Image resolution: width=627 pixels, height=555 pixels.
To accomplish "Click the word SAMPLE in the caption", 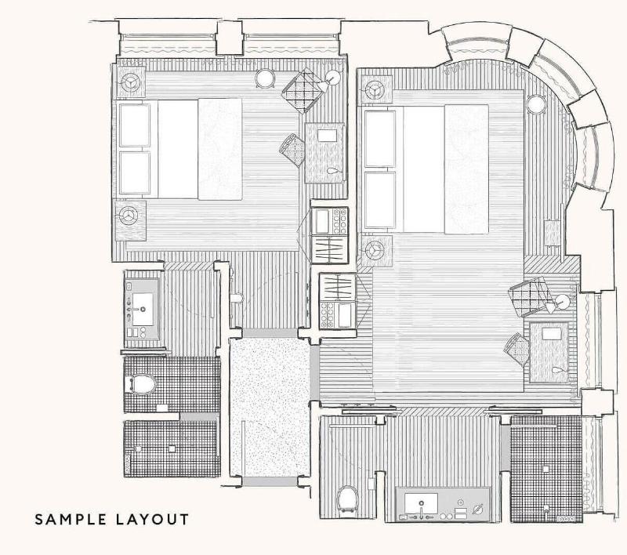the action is pyautogui.click(x=71, y=520).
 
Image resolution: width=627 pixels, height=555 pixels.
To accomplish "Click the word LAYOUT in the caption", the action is pyautogui.click(x=152, y=520).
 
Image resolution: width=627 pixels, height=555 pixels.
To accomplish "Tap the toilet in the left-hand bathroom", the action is pyautogui.click(x=141, y=384).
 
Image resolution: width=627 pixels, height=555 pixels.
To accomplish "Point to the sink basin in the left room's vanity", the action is pyautogui.click(x=143, y=310).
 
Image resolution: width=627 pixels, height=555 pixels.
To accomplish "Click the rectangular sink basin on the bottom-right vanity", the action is pyautogui.click(x=421, y=503).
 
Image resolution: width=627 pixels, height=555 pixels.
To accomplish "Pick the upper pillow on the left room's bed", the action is pyautogui.click(x=135, y=125).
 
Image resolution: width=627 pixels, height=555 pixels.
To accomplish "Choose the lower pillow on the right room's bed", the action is pyautogui.click(x=380, y=200).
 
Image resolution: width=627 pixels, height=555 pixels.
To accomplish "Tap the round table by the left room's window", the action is pyautogui.click(x=265, y=78).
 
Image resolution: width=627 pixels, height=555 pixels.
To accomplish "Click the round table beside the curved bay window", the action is pyautogui.click(x=536, y=104).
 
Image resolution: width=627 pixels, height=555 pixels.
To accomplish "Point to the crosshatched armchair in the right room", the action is pyautogui.click(x=531, y=296).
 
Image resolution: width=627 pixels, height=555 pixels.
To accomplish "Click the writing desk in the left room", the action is pyautogui.click(x=324, y=153).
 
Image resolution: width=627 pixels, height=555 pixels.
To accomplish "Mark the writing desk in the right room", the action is pyautogui.click(x=549, y=352).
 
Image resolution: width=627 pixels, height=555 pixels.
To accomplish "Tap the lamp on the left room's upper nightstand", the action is pyautogui.click(x=130, y=82).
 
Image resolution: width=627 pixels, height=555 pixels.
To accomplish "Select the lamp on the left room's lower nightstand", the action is pyautogui.click(x=129, y=216).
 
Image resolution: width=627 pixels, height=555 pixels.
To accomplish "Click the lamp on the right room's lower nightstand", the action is pyautogui.click(x=375, y=251).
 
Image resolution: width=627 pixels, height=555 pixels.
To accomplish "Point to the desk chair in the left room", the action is pyautogui.click(x=293, y=151).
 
